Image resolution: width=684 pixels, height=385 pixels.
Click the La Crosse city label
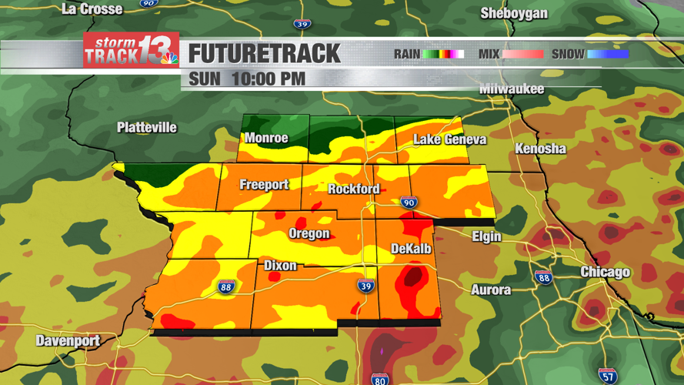[x=92, y=9]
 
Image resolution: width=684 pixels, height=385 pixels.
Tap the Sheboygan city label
[x=514, y=13]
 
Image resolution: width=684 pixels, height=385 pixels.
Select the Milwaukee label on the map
[x=512, y=89]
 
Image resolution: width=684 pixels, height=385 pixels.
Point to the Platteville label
[x=147, y=128]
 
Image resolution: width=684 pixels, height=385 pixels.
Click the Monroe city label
[x=266, y=139]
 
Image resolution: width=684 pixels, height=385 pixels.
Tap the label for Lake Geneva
[x=449, y=139]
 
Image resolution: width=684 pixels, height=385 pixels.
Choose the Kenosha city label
[x=540, y=149]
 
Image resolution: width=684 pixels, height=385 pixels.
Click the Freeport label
[x=264, y=185]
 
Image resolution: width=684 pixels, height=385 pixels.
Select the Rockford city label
[x=354, y=189]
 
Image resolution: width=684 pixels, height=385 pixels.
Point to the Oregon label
[x=309, y=234]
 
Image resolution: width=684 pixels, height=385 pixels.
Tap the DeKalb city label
[x=411, y=249]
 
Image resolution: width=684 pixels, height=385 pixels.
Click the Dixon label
[x=280, y=266]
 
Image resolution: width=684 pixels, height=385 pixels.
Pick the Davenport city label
[x=68, y=340]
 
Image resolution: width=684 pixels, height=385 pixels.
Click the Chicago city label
[x=605, y=272]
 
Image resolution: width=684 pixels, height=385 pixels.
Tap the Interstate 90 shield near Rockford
[x=409, y=203]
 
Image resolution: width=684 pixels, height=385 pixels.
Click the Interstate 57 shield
[x=608, y=376]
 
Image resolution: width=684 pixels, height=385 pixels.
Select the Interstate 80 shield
[x=379, y=379]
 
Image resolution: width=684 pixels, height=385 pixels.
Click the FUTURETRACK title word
[x=264, y=54]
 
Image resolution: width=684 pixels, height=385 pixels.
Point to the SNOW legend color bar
[x=608, y=54]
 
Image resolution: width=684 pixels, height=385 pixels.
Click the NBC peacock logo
[x=168, y=57]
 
